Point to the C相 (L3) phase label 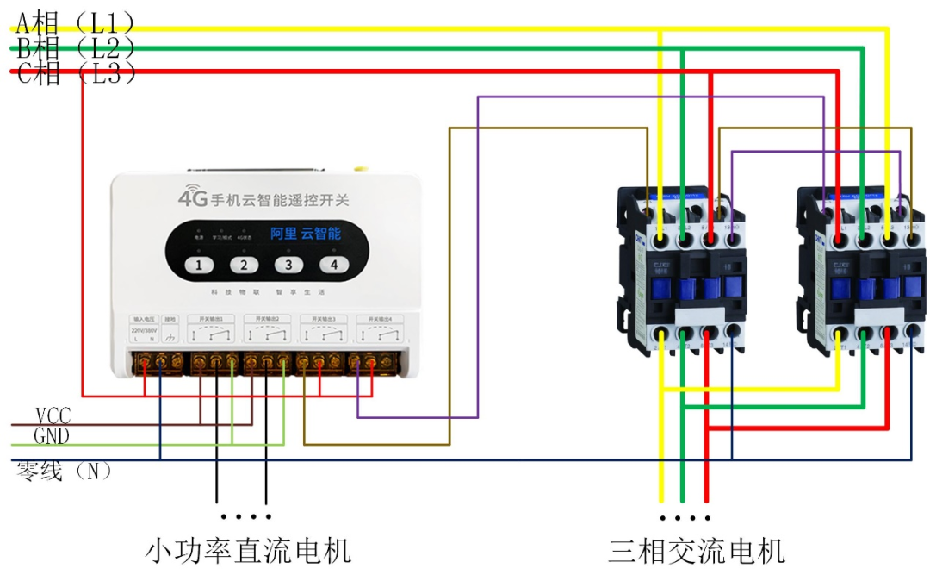[76, 73]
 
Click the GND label [52, 436]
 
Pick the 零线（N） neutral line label [65, 472]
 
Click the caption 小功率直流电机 [249, 549]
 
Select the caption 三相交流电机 [697, 549]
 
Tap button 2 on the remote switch [244, 266]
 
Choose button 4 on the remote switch [333, 266]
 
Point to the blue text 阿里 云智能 [306, 233]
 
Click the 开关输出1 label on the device [211, 319]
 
